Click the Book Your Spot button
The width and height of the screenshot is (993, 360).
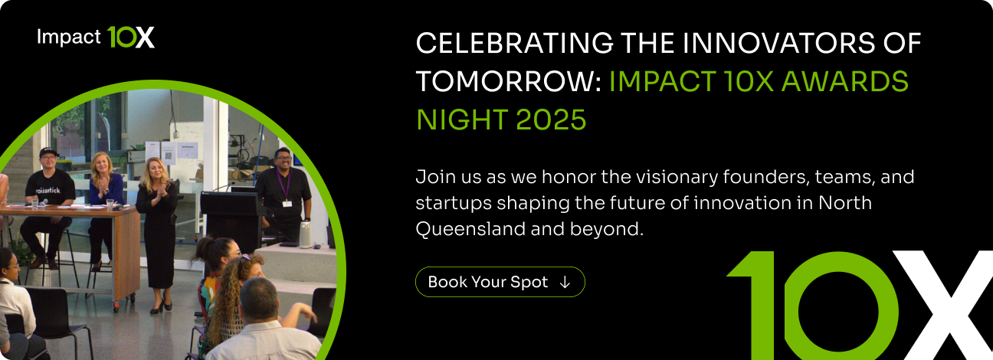[500, 282]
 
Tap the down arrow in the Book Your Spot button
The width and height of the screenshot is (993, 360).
[565, 282]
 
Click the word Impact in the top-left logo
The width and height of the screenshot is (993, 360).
[68, 38]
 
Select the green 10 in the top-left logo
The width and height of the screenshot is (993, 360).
[121, 37]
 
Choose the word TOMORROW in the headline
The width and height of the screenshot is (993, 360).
[504, 81]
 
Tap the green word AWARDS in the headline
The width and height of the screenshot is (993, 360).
[850, 81]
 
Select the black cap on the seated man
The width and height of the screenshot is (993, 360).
[49, 152]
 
